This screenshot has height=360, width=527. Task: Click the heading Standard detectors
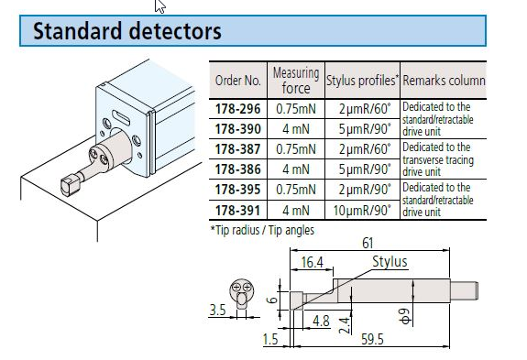pos(127,31)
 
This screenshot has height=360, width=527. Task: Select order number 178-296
pos(237,107)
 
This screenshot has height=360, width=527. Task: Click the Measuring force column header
pos(295,80)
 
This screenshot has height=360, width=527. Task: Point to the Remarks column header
pos(444,81)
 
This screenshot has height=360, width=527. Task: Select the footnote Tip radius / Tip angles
pos(262,230)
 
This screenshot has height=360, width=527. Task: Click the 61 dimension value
pos(368,244)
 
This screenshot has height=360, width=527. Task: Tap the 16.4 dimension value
pos(312,262)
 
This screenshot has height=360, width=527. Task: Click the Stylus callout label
pos(389,262)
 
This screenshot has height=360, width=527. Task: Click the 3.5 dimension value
pos(216,311)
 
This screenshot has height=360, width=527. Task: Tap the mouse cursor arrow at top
pos(160,5)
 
